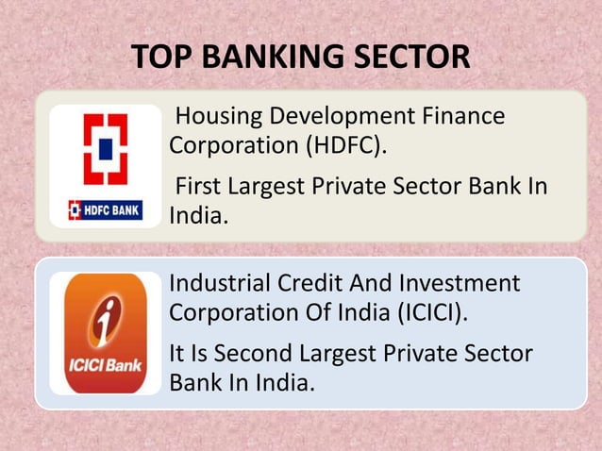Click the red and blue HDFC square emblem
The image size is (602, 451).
pos(105,150)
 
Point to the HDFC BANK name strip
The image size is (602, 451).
pos(105,209)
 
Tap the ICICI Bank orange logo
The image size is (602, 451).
pos(105,333)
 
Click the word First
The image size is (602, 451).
pos(199,185)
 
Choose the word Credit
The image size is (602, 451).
pos(309,283)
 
